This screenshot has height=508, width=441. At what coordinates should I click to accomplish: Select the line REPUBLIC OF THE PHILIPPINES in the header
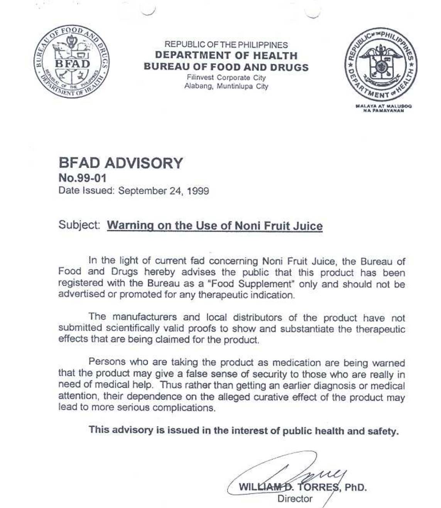226,45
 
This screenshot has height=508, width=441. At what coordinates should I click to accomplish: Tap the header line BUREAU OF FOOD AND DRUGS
226,67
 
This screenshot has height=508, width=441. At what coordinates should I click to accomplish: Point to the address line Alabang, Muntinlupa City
226,86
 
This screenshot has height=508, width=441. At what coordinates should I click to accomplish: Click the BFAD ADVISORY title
121,163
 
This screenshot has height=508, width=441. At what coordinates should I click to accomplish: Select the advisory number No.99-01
82,178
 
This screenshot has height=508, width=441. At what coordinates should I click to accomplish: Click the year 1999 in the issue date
198,191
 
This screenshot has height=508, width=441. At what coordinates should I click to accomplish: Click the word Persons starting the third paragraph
107,362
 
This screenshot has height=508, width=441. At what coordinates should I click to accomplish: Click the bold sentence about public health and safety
243,430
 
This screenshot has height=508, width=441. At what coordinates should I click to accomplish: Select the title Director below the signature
295,499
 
